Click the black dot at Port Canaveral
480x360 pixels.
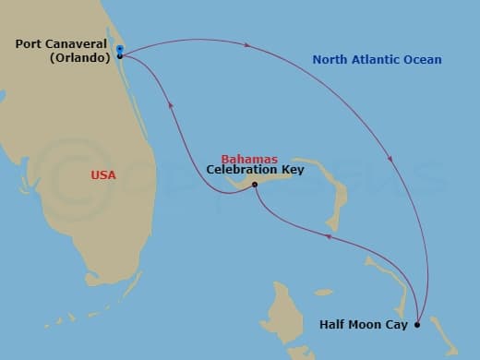[x=120, y=56]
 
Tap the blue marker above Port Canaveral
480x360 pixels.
[x=120, y=44]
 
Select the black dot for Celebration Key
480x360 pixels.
[x=255, y=184]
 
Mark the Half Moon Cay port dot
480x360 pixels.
[x=417, y=324]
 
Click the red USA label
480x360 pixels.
[x=103, y=174]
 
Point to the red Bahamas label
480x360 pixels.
[x=249, y=159]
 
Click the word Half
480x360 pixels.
[x=333, y=324]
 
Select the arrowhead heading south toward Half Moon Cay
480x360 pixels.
[x=391, y=160]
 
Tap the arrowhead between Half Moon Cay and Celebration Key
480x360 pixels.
[x=329, y=239]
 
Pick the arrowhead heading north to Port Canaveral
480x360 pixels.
[x=170, y=105]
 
